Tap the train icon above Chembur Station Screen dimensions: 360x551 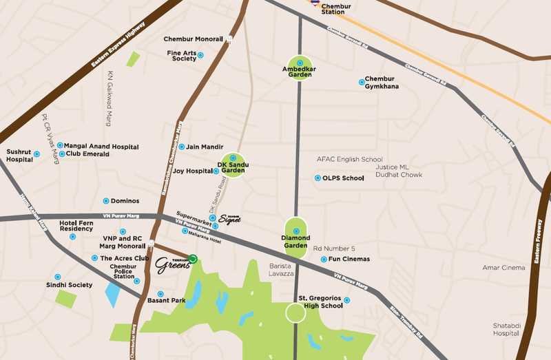pos(315,3)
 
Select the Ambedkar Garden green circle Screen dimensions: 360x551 pos(300,67)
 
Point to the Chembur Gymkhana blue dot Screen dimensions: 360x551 pos(362,83)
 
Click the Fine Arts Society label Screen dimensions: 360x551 pos(181,56)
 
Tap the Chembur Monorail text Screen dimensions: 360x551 pos(193,39)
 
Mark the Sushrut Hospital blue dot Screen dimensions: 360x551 pos(37,154)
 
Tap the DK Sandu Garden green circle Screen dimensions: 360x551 pos(233,166)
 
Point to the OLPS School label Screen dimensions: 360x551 pos(343,178)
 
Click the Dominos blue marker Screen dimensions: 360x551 pos(105,201)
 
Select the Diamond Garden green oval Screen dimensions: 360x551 pos(296,237)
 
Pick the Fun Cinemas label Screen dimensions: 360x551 pos(349,260)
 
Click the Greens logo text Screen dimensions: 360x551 pos(171,266)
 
